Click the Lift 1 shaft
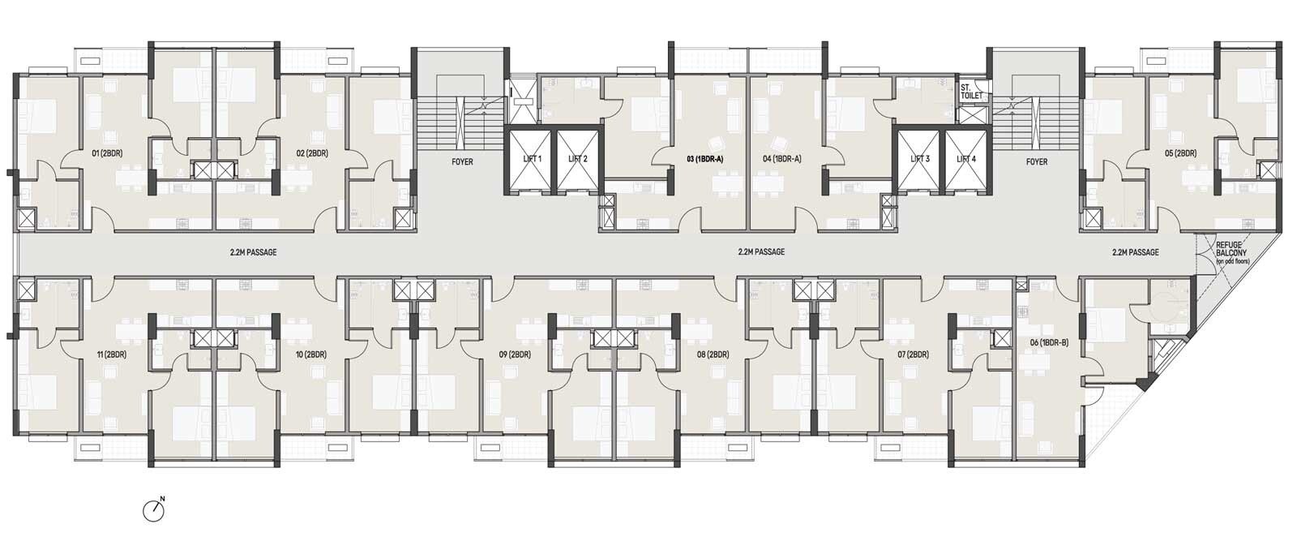(532, 159)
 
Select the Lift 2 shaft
(578, 159)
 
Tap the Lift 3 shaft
(919, 159)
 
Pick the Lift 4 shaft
(965, 159)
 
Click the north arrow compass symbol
(154, 510)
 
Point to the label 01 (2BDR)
(107, 153)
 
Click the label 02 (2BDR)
(313, 153)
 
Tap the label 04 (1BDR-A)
(782, 159)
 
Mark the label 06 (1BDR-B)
(1049, 342)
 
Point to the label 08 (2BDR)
(713, 354)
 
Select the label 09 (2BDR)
(515, 354)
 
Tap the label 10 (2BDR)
(311, 354)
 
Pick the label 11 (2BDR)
(111, 354)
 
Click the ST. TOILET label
(972, 92)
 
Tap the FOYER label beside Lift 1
(462, 162)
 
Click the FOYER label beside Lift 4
(1037, 162)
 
